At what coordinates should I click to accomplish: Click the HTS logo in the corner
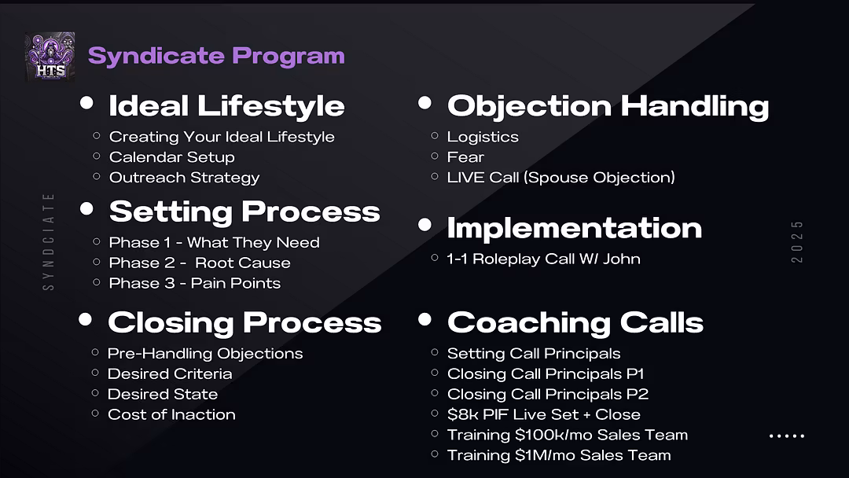[50, 57]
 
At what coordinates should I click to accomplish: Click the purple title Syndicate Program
[216, 56]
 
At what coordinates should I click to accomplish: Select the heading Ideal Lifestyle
[226, 105]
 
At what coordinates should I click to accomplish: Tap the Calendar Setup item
[171, 157]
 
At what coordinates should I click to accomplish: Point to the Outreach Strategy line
[184, 178]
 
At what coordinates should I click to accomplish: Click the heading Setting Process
[244, 211]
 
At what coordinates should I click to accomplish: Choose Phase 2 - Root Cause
[199, 263]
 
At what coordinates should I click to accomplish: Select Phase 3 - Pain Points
[194, 283]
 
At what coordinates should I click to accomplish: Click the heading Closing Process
[244, 322]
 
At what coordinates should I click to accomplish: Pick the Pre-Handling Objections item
[204, 354]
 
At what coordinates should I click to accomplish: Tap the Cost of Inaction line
[171, 414]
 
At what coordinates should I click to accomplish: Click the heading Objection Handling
[608, 106]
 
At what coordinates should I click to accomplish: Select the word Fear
[465, 157]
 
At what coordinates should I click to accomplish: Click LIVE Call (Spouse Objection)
[560, 178]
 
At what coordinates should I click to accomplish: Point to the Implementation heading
[574, 228]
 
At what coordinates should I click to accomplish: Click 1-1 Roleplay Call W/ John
[543, 259]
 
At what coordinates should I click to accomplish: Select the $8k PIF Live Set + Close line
[544, 414]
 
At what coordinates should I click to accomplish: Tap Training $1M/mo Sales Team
[559, 455]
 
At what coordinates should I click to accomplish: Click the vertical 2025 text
[796, 241]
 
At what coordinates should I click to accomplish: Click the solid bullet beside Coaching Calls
[425, 319]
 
